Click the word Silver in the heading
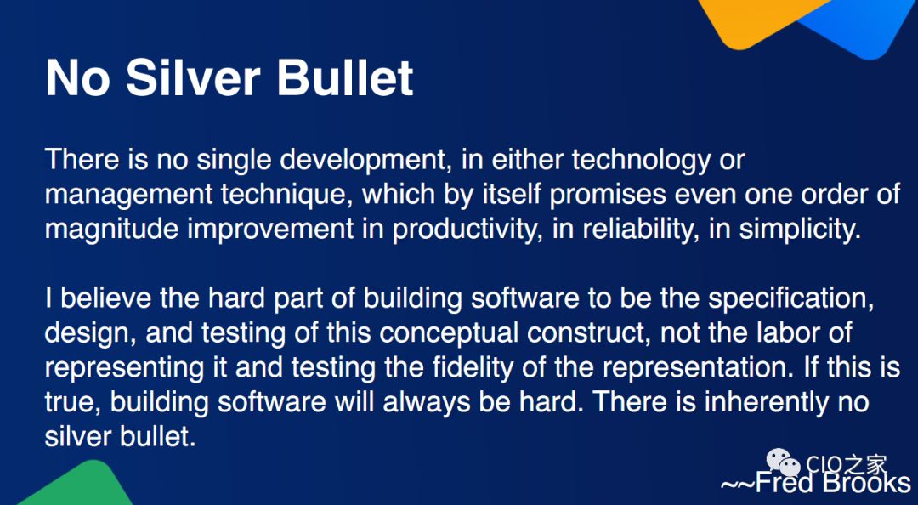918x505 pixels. click(193, 77)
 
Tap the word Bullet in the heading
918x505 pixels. click(345, 77)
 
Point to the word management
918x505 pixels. click(129, 195)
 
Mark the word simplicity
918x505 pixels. click(800, 230)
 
